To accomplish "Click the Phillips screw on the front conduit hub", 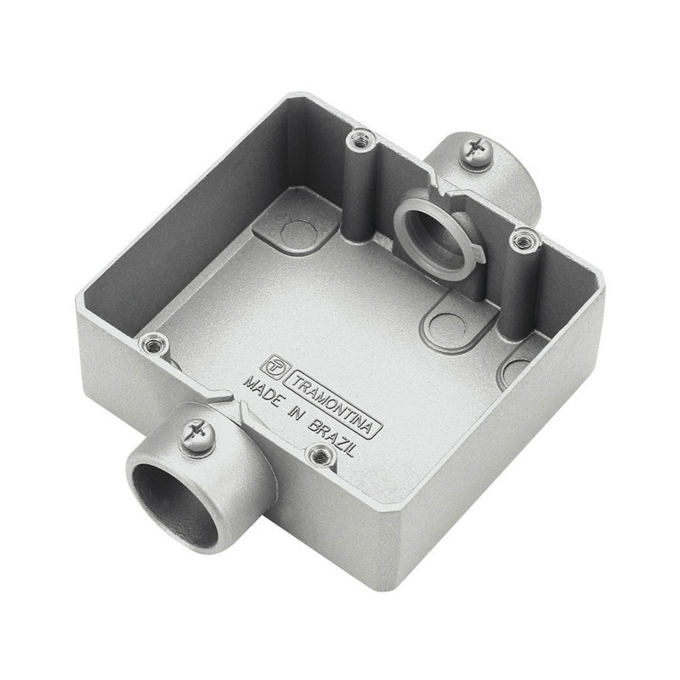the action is [196, 435].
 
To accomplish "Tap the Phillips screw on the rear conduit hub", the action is [477, 151].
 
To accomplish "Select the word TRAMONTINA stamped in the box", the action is [332, 404].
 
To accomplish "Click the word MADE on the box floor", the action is [262, 392].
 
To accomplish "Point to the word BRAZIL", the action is [331, 438].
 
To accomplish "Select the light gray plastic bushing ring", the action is [437, 237].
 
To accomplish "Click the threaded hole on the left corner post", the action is [153, 345].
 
